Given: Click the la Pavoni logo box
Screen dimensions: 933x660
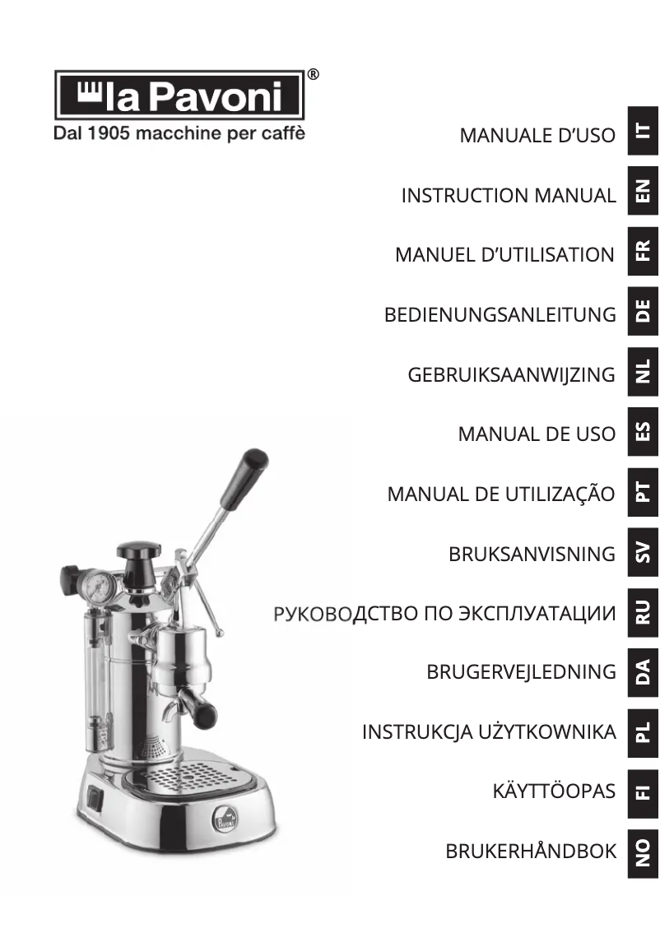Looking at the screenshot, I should [179, 95].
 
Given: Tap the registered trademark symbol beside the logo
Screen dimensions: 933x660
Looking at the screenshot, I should [313, 75].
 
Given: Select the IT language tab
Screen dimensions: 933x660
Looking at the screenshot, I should [644, 132].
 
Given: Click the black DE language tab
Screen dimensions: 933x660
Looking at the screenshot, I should [644, 310].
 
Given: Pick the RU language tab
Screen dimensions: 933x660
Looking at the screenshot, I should [644, 610].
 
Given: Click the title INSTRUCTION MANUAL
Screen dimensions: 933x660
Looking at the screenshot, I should [508, 196].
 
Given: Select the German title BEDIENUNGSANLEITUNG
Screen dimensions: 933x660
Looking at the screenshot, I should [500, 314].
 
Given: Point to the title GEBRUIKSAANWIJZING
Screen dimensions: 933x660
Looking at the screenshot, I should [511, 374].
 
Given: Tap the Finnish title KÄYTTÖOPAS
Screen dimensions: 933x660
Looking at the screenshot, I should [554, 791].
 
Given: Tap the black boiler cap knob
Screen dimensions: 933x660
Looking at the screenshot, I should [138, 550].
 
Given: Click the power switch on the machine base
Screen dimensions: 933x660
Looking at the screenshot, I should [96, 796].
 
